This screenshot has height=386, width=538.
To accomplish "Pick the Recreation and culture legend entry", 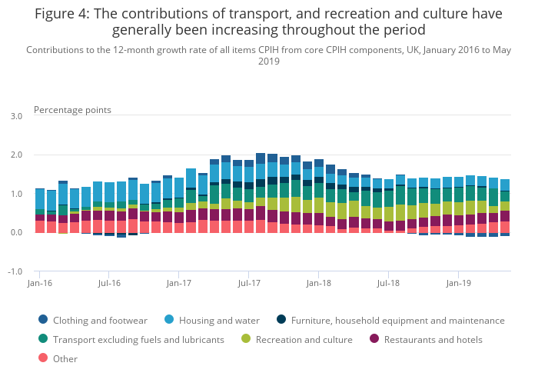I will click(304, 340).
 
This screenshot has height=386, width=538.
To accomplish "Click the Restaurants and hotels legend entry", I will click(433, 340).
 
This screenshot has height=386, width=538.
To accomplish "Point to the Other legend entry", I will click(65, 359).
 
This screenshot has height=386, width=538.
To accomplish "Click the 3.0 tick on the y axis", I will click(16, 116).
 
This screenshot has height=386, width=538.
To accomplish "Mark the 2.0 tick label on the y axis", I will click(16, 155).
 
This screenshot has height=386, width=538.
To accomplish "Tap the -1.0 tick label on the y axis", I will click(15, 272).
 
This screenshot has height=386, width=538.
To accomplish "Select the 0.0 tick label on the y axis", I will click(16, 233).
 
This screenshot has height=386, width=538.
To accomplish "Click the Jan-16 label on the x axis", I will click(39, 283).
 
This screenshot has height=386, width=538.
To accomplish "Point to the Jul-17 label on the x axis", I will click(249, 283).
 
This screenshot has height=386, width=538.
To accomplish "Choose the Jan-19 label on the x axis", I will click(458, 283).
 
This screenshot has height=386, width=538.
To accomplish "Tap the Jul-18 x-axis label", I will click(388, 283).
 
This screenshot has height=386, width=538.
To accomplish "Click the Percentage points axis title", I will click(72, 110).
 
